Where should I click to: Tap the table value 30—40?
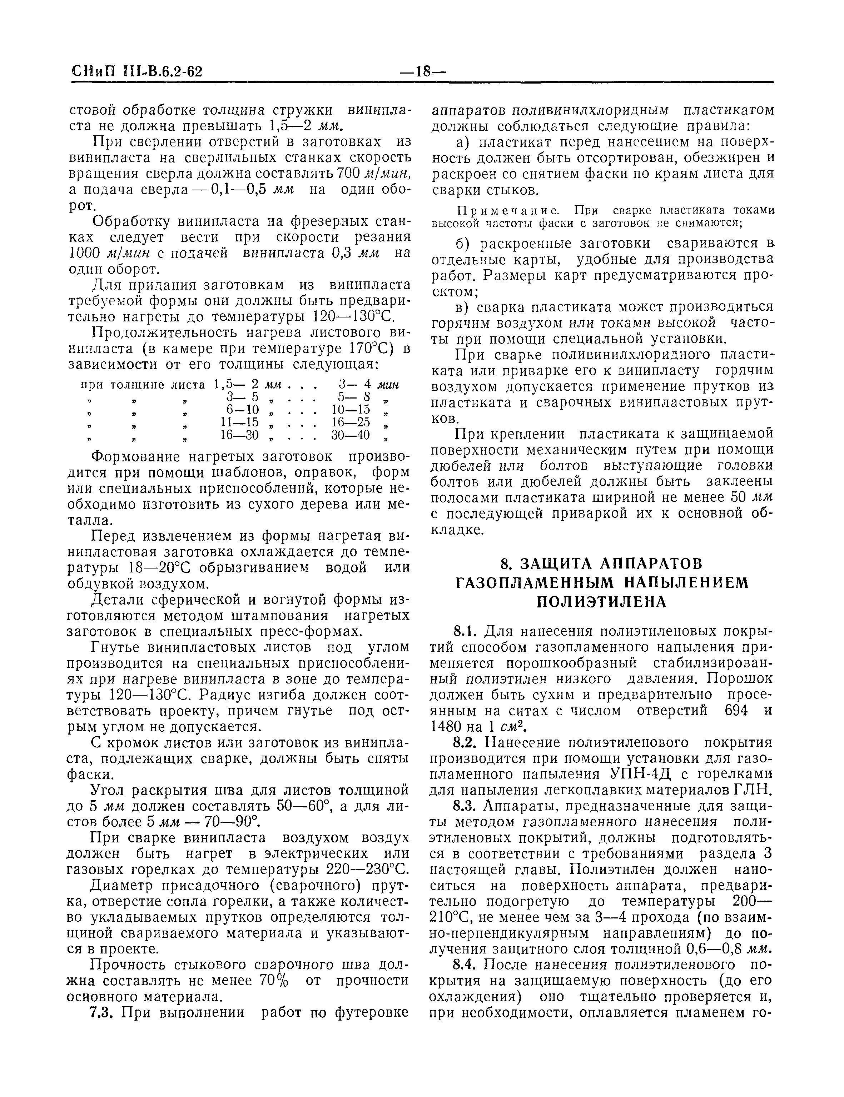350,435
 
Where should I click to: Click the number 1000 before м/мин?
84,254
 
